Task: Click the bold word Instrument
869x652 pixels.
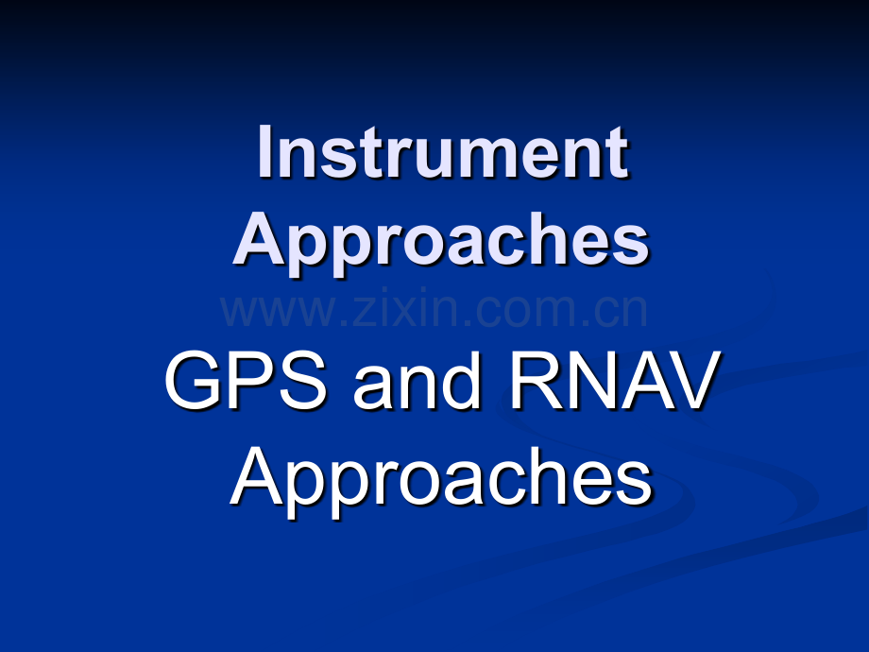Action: pyautogui.click(x=442, y=153)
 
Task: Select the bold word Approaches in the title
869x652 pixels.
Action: pyautogui.click(x=441, y=242)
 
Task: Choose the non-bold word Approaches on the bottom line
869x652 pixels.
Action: pyautogui.click(x=441, y=478)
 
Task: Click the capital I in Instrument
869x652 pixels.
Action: pyautogui.click(x=265, y=153)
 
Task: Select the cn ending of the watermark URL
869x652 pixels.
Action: pyautogui.click(x=622, y=313)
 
